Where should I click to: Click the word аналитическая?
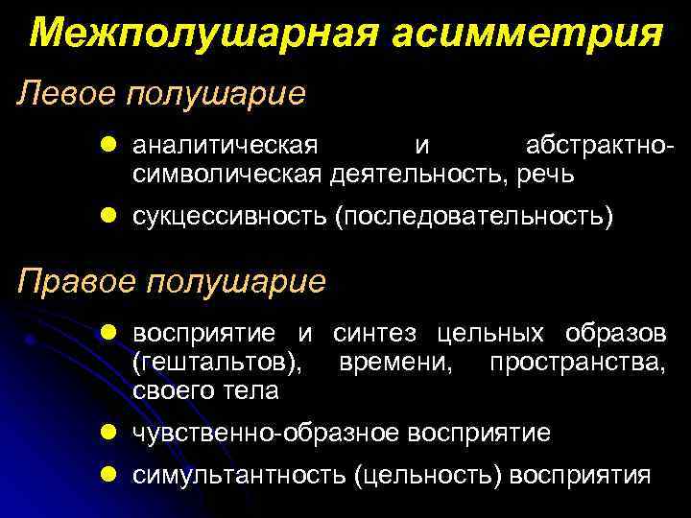(225, 147)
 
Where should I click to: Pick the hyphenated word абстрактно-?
(599, 147)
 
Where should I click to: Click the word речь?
(546, 175)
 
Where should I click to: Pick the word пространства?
(576, 364)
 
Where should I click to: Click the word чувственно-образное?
(269, 433)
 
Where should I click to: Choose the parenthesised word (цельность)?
(428, 476)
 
